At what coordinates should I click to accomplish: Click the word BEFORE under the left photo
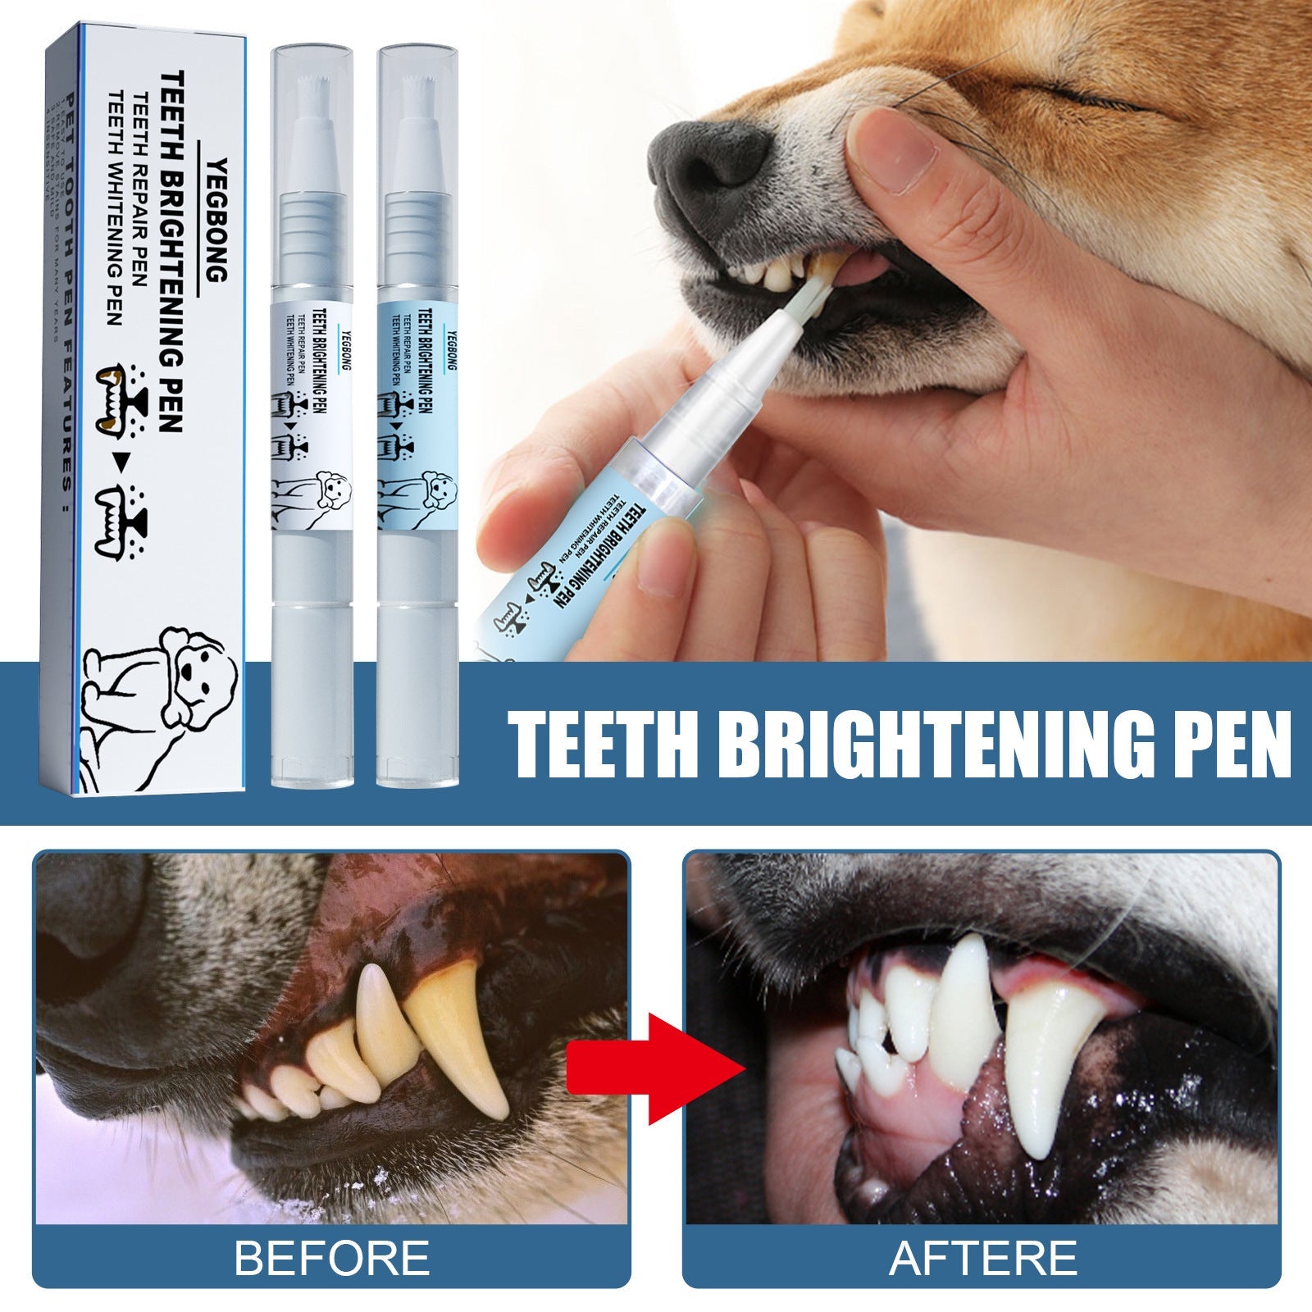[332, 1257]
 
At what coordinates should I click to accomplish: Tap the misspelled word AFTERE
[982, 1257]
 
